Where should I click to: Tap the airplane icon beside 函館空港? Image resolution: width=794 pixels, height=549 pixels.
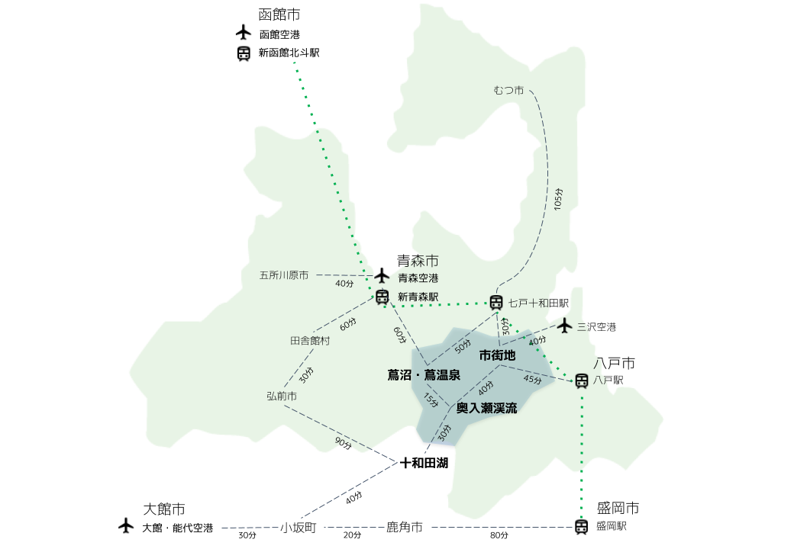(x=244, y=32)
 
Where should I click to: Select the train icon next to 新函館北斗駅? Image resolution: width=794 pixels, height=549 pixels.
(x=244, y=53)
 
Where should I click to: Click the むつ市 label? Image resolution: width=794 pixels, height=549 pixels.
(x=508, y=91)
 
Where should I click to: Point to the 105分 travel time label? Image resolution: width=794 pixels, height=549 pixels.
(x=558, y=200)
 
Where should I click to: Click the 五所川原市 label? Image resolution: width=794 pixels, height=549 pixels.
(x=284, y=275)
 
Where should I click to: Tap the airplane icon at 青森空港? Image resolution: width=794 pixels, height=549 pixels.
(x=382, y=274)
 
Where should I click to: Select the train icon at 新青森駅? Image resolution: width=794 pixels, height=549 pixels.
(x=382, y=297)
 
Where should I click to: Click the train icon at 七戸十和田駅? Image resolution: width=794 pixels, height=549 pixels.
(x=496, y=303)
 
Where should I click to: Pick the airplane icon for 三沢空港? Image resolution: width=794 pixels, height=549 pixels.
(x=564, y=326)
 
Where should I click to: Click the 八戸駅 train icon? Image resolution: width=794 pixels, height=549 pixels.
(x=581, y=380)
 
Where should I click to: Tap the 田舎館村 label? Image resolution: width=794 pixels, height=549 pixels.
(x=310, y=341)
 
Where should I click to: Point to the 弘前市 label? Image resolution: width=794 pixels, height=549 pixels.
(x=282, y=396)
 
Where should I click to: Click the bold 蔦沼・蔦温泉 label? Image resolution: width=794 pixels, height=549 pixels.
(x=424, y=374)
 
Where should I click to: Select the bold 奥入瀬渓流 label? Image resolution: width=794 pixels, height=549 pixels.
(x=486, y=409)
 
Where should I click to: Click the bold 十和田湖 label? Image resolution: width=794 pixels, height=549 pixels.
(x=424, y=463)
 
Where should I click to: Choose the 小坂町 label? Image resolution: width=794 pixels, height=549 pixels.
(x=298, y=527)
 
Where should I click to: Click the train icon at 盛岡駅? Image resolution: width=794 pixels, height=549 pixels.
(x=581, y=526)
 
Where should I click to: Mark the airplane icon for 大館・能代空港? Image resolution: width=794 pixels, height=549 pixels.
(x=126, y=526)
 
